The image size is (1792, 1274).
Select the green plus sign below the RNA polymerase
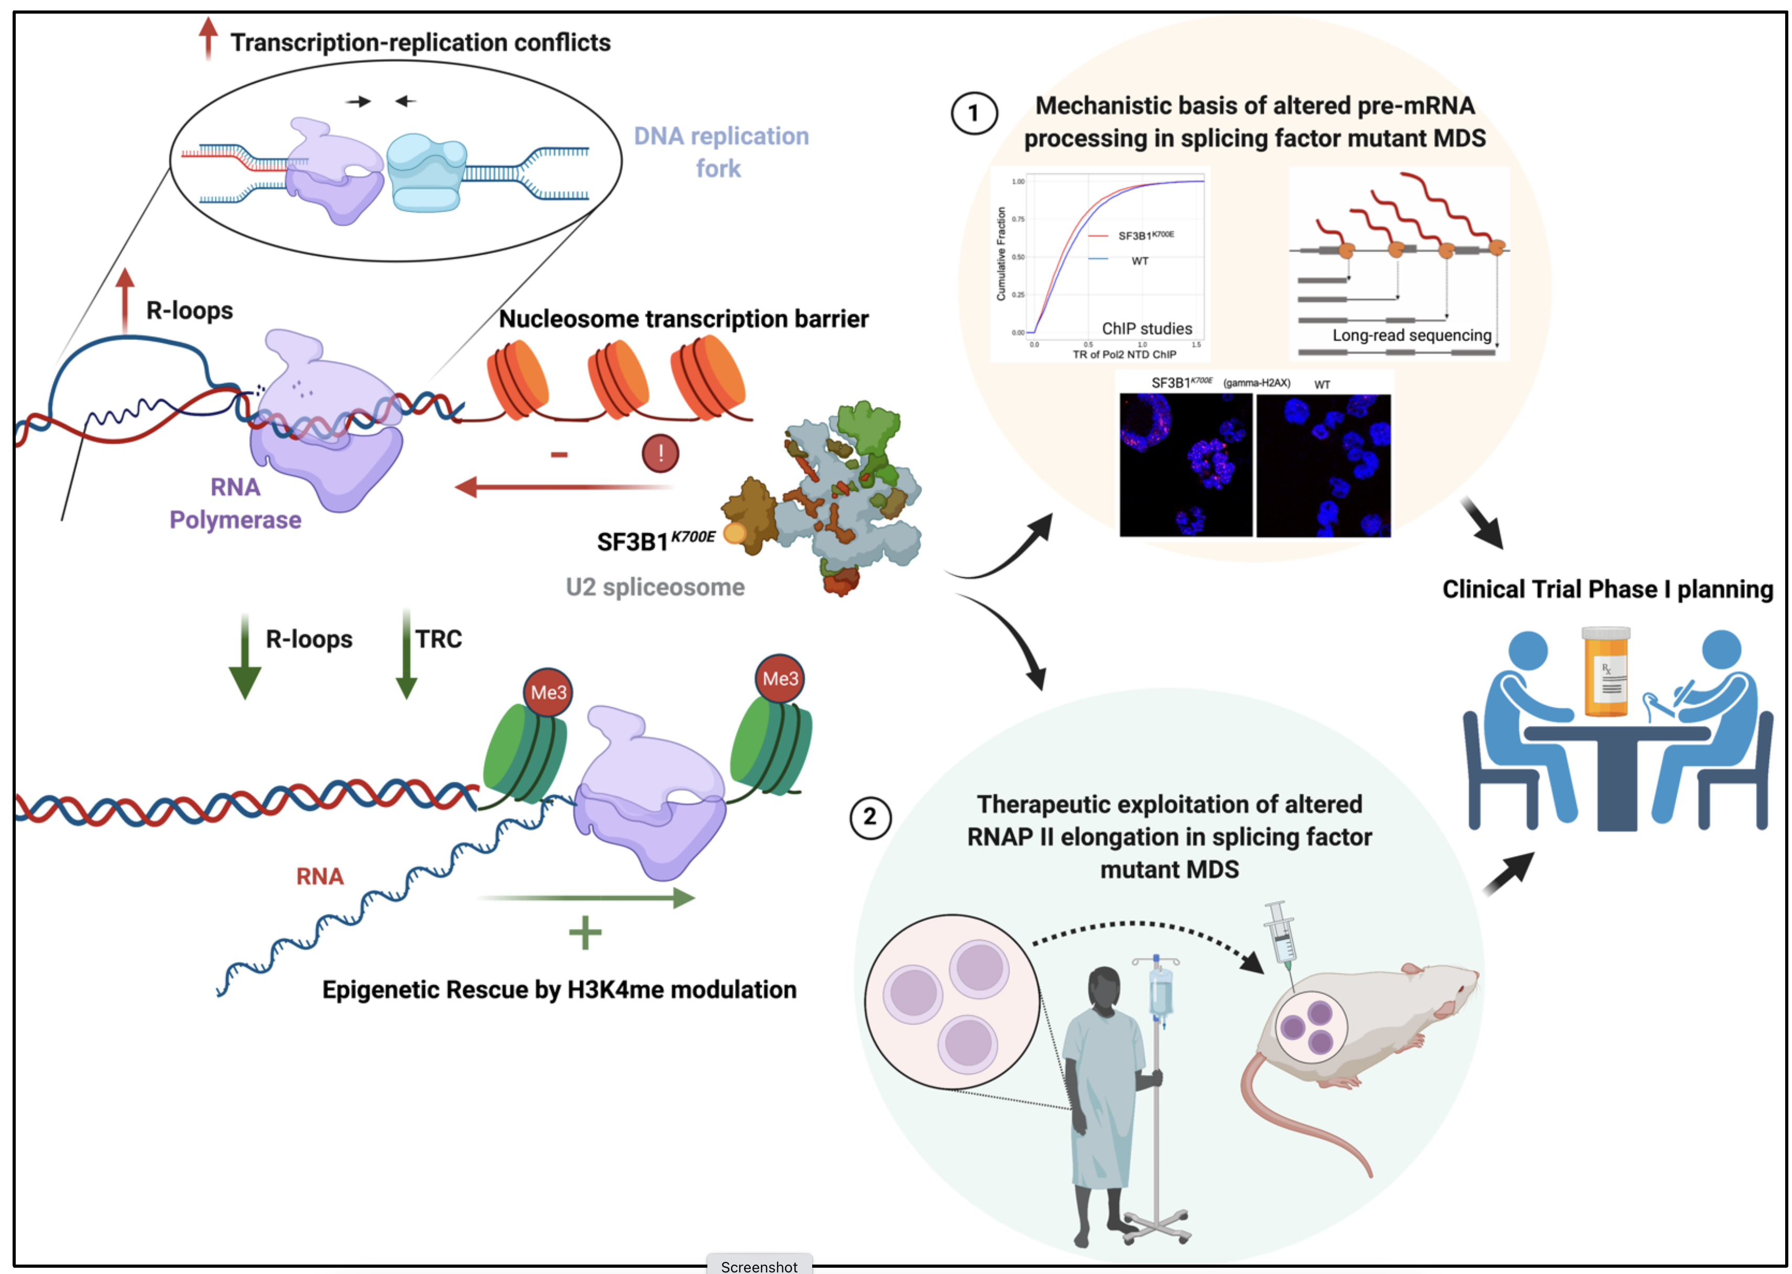tap(585, 933)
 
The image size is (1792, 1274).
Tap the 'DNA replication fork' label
tap(720, 152)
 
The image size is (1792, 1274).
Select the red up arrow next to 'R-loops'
tap(125, 302)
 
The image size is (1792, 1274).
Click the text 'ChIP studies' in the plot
tap(1146, 328)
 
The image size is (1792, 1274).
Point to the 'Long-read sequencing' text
tap(1412, 336)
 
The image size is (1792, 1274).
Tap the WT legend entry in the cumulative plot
tap(1139, 261)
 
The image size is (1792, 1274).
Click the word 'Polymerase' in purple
tap(235, 520)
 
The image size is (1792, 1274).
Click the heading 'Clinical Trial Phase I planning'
tap(1607, 589)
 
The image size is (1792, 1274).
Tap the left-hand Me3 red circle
tap(548, 693)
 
